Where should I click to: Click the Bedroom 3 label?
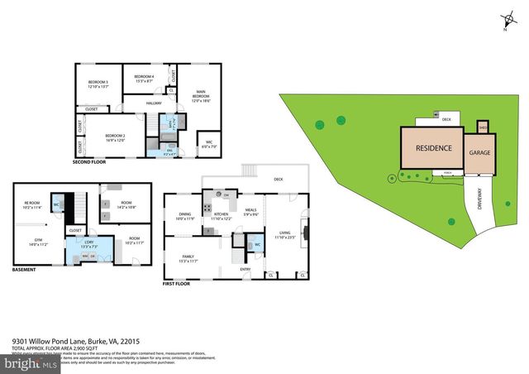[98, 84]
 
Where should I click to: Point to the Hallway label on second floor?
[154, 103]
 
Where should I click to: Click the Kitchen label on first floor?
[221, 216]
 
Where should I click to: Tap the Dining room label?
[185, 217]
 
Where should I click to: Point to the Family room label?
[190, 259]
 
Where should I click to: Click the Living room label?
[285, 235]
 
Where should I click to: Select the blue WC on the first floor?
[257, 245]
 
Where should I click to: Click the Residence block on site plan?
[433, 149]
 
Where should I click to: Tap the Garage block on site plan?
[480, 153]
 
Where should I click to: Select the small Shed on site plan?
[484, 127]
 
